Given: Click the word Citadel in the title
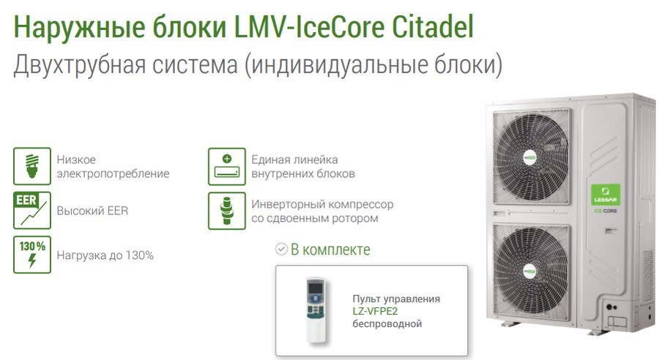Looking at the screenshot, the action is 433,26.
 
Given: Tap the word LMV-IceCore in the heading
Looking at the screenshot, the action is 309,26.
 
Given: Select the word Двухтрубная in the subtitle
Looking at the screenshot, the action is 79,64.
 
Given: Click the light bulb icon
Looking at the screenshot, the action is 32,166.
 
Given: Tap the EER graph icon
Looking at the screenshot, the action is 32,211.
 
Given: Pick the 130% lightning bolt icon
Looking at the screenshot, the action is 32,255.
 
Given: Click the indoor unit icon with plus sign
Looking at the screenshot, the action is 227,166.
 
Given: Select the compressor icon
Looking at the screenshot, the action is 227,211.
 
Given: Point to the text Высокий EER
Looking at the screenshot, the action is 92,211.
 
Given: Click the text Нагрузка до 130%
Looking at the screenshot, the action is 105,255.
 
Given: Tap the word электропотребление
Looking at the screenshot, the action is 113,173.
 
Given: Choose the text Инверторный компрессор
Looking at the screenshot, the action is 322,204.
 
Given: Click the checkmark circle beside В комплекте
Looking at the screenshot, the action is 281,249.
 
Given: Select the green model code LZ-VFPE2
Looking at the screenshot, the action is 375,311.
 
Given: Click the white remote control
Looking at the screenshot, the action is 316,310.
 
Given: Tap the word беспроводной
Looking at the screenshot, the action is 387,324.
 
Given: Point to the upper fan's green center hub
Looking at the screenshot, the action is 529,158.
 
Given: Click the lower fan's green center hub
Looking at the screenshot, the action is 530,271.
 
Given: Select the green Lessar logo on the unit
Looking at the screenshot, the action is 606,195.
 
